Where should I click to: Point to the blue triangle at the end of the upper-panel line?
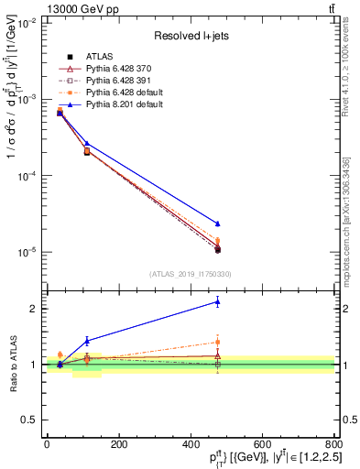(217, 224)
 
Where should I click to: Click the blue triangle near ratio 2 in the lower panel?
(217, 301)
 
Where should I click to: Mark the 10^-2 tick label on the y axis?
(25, 23)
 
